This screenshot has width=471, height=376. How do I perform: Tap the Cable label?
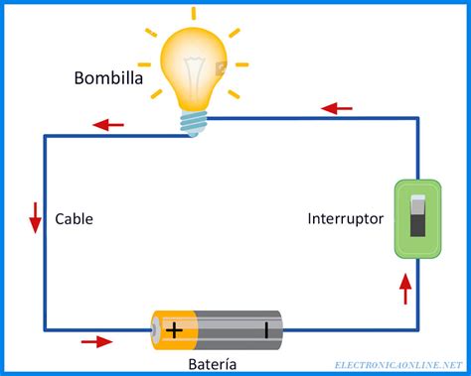[x=75, y=218]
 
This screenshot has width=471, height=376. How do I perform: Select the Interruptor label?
[x=345, y=218]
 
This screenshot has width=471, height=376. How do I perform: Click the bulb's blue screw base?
[x=194, y=121]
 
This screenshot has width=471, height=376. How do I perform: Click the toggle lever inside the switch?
[x=417, y=215]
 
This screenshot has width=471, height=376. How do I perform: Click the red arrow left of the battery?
[x=96, y=342]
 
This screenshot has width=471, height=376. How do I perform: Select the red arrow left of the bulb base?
[x=108, y=125]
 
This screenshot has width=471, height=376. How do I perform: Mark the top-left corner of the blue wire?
[x=45, y=136]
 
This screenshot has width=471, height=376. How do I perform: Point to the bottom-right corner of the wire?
[x=417, y=329]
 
